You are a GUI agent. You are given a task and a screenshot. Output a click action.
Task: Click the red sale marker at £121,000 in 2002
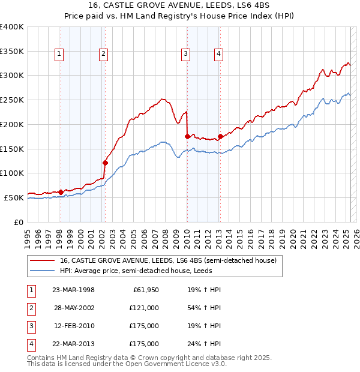point(105,163)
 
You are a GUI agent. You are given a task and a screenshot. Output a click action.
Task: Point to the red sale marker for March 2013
point(220,136)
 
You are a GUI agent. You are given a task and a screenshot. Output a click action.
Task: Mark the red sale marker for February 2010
point(187,136)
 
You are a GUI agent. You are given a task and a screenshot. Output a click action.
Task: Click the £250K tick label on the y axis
point(12,100)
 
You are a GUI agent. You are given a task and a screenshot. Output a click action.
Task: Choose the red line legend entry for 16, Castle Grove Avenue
point(168,260)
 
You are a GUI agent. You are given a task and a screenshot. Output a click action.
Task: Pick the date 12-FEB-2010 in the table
point(74,326)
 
